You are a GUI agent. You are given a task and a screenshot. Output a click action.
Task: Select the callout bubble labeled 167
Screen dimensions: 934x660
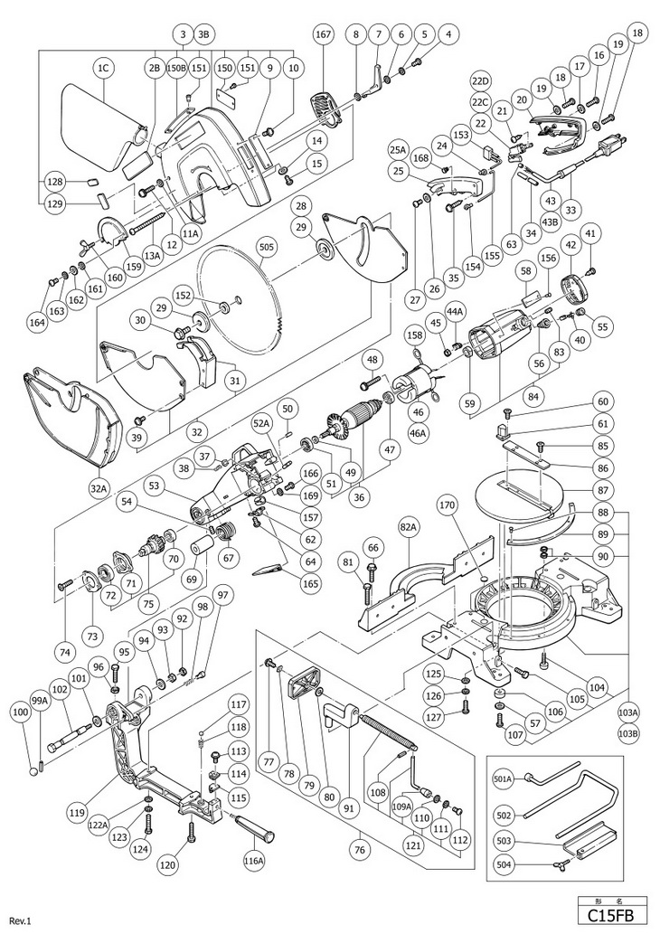pyautogui.click(x=323, y=35)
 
